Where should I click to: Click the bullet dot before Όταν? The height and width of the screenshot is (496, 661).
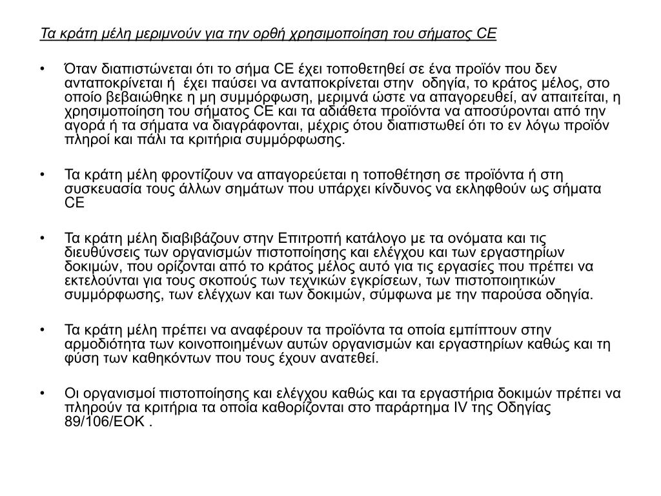tap(42, 69)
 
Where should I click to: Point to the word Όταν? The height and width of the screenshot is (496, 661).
tap(81, 69)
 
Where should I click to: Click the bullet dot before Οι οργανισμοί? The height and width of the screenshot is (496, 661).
tap(42, 393)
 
